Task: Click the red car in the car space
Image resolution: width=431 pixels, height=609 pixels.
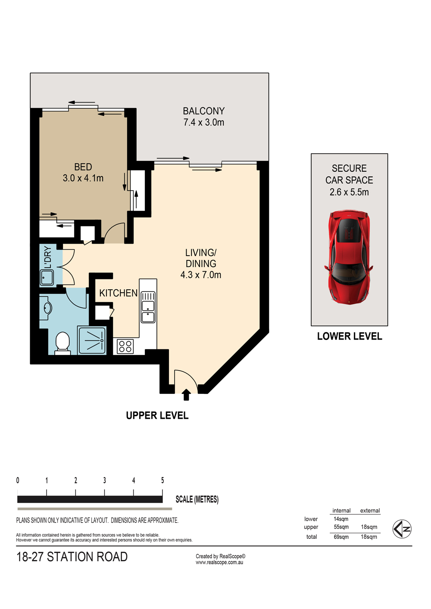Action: pyautogui.click(x=348, y=257)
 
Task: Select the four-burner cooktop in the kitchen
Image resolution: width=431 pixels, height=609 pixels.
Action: pyautogui.click(x=125, y=346)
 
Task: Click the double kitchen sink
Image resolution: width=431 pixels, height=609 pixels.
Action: pyautogui.click(x=148, y=307)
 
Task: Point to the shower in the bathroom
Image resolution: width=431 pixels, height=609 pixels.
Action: pyautogui.click(x=92, y=340)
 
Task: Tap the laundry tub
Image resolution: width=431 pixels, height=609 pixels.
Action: pyautogui.click(x=47, y=277)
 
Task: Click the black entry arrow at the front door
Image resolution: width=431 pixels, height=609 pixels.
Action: pyautogui.click(x=186, y=395)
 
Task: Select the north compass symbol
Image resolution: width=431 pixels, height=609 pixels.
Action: pyautogui.click(x=402, y=529)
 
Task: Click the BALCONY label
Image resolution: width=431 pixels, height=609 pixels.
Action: pyautogui.click(x=204, y=111)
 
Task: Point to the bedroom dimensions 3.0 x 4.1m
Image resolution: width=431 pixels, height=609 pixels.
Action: pyautogui.click(x=83, y=178)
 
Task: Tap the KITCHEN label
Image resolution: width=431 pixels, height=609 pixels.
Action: pyautogui.click(x=119, y=293)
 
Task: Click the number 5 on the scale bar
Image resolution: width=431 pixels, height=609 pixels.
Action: pyautogui.click(x=162, y=480)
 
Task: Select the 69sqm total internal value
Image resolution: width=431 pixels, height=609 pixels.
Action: pyautogui.click(x=341, y=537)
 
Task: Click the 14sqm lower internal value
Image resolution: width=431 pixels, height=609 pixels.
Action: pyautogui.click(x=341, y=519)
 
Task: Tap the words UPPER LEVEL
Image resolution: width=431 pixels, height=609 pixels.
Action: pyautogui.click(x=157, y=415)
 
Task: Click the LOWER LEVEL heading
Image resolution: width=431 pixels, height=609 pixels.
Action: pyautogui.click(x=350, y=336)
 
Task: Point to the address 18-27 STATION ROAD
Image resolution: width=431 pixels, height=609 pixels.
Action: pyautogui.click(x=72, y=557)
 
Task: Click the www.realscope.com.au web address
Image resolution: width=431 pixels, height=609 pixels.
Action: pyautogui.click(x=219, y=563)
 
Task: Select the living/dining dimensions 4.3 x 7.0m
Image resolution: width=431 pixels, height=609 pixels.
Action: pyautogui.click(x=201, y=275)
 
